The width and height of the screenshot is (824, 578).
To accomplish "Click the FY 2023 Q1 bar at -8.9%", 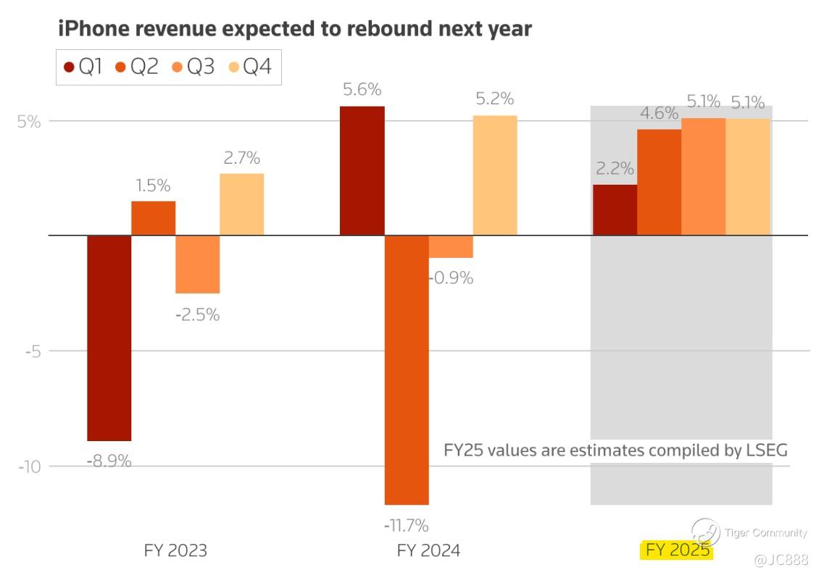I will pyautogui.click(x=109, y=338).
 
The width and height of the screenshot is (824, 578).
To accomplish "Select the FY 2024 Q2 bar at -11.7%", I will pyautogui.click(x=407, y=369).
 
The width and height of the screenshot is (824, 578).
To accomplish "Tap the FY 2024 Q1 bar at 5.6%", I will pyautogui.click(x=362, y=171).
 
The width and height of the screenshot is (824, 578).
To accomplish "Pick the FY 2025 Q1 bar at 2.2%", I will pyautogui.click(x=615, y=210).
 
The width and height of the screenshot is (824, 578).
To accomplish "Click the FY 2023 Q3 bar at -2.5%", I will pyautogui.click(x=197, y=264).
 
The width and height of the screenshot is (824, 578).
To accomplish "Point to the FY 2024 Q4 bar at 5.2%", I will pyautogui.click(x=495, y=175).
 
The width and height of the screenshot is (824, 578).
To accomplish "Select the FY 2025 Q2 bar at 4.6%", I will pyautogui.click(x=659, y=183).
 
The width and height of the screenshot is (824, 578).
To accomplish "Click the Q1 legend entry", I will pyautogui.click(x=83, y=67).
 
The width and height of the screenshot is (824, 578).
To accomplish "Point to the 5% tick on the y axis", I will pyautogui.click(x=29, y=121).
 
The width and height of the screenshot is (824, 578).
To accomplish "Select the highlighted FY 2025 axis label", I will pyautogui.click(x=677, y=550).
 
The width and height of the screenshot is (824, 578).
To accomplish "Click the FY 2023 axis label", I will pyautogui.click(x=175, y=550).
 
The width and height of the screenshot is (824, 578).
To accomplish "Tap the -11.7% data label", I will pyautogui.click(x=407, y=524).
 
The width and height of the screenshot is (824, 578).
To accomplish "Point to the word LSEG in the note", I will pyautogui.click(x=766, y=450).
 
